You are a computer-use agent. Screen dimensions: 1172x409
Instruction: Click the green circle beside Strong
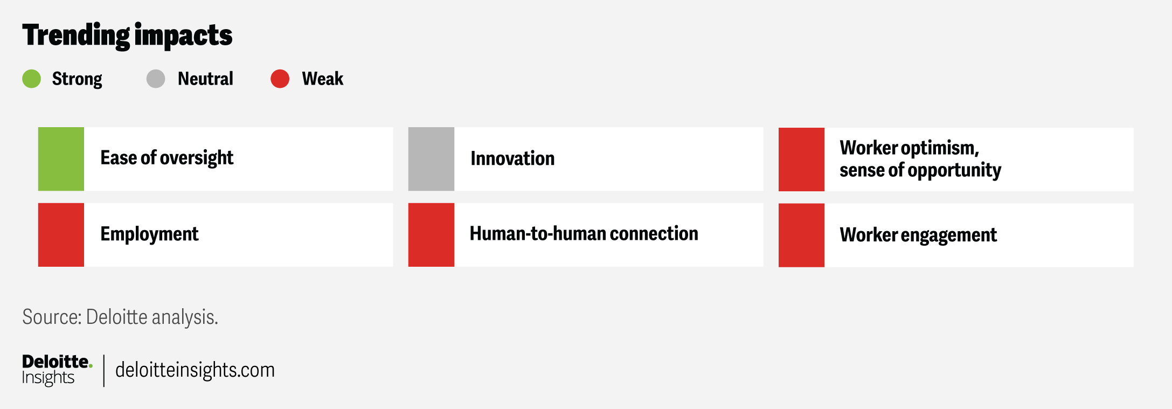(32, 79)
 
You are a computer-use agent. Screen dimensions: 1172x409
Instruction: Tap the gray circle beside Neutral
(156, 79)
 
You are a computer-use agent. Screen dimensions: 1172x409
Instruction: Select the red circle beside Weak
(280, 79)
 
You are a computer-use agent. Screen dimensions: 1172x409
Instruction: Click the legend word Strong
(77, 79)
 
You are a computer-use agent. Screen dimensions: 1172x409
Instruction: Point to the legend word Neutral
(205, 79)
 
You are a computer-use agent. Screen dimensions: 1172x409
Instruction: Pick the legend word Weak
(322, 79)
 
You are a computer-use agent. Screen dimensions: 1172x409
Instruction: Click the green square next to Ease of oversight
(61, 159)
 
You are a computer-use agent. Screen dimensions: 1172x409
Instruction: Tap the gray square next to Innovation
(431, 159)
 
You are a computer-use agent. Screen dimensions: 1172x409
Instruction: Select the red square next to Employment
(61, 235)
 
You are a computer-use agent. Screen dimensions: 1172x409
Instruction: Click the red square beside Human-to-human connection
(431, 235)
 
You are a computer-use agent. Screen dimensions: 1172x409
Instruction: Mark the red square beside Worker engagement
(801, 235)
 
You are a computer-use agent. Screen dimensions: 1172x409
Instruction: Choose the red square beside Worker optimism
(801, 159)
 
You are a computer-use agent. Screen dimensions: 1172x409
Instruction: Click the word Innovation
(512, 158)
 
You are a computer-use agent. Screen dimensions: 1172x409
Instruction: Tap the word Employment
(149, 234)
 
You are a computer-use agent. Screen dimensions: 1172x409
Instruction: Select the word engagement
(948, 235)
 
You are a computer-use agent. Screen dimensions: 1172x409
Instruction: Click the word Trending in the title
(76, 36)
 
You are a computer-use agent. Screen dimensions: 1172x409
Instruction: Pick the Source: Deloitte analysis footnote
(120, 317)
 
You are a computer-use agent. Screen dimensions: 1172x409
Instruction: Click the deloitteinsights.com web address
(195, 370)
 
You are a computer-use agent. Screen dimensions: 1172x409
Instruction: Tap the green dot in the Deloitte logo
(91, 365)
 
